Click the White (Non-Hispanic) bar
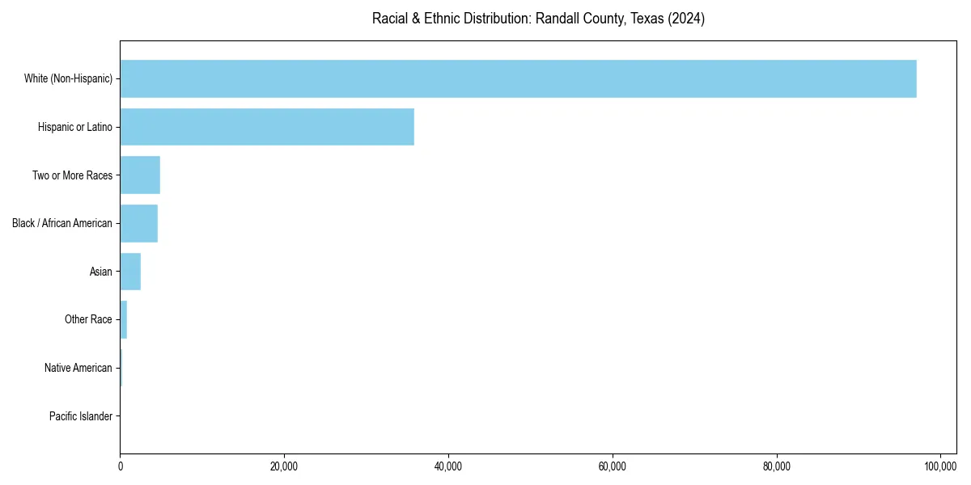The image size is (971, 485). click(x=518, y=78)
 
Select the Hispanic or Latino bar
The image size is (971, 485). click(x=267, y=127)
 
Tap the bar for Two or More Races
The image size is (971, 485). click(x=140, y=175)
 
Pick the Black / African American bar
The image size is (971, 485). click(x=138, y=223)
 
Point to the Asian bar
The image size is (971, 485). click(x=130, y=272)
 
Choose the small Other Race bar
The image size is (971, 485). click(x=124, y=319)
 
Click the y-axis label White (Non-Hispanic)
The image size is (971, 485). click(x=68, y=78)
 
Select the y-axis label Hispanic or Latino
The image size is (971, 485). click(x=75, y=127)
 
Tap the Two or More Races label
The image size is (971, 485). click(x=72, y=175)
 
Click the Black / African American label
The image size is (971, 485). click(x=62, y=223)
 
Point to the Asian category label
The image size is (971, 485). click(x=101, y=272)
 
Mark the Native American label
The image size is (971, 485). click(x=78, y=368)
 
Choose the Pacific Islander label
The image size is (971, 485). click(x=81, y=416)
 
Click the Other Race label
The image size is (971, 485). click(x=88, y=319)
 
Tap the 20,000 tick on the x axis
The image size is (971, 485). click(x=284, y=466)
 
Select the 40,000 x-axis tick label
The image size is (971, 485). click(x=448, y=466)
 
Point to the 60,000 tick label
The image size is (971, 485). click(x=613, y=466)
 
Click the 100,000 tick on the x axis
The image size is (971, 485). click(x=940, y=466)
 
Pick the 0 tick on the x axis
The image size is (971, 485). click(x=121, y=466)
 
